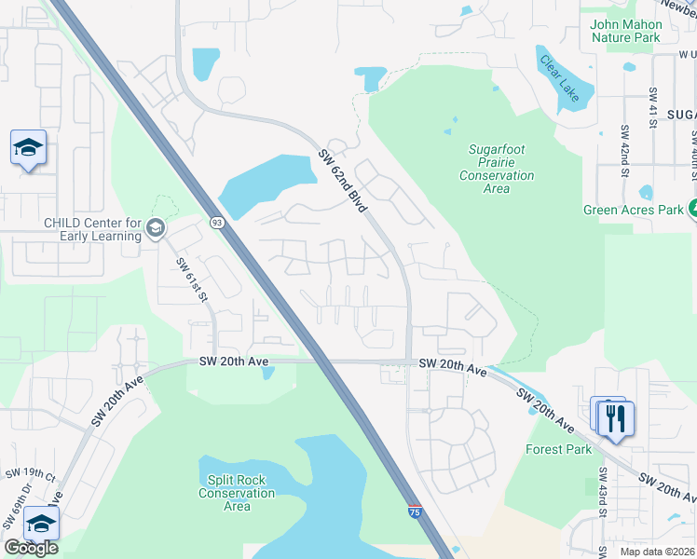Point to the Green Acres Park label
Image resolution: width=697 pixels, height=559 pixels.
pyautogui.click(x=633, y=210)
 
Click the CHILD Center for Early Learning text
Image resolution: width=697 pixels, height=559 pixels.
pyautogui.click(x=92, y=229)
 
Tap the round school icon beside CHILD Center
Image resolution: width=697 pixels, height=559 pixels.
pyautogui.click(x=156, y=228)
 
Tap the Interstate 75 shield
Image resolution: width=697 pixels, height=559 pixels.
pyautogui.click(x=414, y=511)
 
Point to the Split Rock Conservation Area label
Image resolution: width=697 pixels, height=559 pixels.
pyautogui.click(x=238, y=493)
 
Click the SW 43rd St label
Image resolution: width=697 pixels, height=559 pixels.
pyautogui.click(x=604, y=493)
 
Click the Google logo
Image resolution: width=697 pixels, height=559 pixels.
pyautogui.click(x=30, y=548)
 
